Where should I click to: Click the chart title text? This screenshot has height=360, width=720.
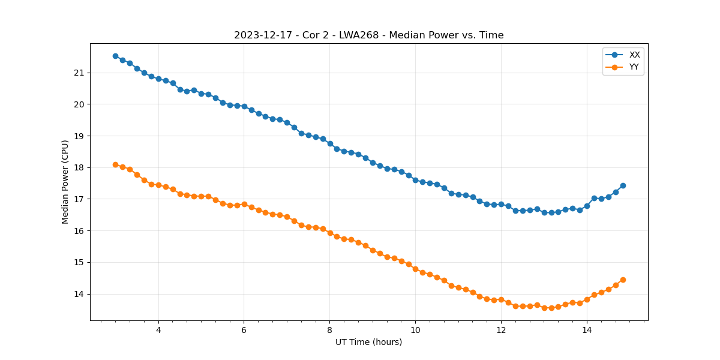coord(368,35)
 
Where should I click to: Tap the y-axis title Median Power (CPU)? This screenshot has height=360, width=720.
coord(65,182)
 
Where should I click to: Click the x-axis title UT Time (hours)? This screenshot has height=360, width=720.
coord(368,342)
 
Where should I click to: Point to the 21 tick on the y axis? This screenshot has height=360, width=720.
coord(80,73)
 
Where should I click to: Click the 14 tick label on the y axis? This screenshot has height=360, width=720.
coord(80,294)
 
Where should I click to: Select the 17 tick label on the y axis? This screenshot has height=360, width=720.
coord(80,199)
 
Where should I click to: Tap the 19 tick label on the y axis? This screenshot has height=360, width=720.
coord(80,136)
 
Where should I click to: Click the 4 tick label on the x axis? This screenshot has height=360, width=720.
coord(158,330)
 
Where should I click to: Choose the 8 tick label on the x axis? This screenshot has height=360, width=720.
coord(329,330)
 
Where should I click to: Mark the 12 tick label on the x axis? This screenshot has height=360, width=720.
coord(501,330)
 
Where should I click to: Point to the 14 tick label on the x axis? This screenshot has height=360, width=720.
coord(587,330)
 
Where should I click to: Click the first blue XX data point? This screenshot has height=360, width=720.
coord(115,56)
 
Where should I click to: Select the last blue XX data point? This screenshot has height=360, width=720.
coord(623,185)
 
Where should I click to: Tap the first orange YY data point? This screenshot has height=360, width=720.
coord(115,164)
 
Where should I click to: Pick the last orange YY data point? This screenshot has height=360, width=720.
coord(623,280)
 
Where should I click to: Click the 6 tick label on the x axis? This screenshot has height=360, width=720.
coord(244,330)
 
